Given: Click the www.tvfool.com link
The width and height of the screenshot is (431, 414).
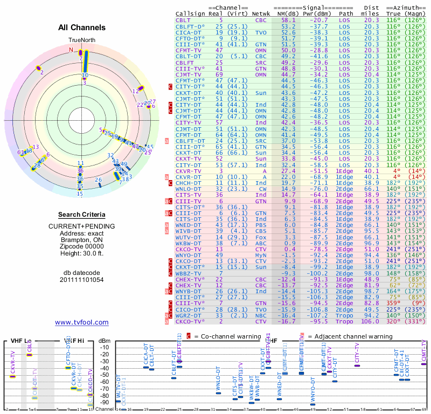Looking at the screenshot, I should (82, 322).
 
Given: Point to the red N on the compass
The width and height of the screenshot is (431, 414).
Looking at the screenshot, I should (71, 50).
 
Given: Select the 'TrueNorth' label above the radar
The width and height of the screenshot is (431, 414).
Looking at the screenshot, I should (81, 40).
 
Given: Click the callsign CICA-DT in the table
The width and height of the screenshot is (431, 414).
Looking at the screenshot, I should (188, 32).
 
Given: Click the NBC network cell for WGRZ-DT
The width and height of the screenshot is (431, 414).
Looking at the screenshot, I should (261, 315).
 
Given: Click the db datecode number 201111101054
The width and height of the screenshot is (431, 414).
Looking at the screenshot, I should (82, 279).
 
